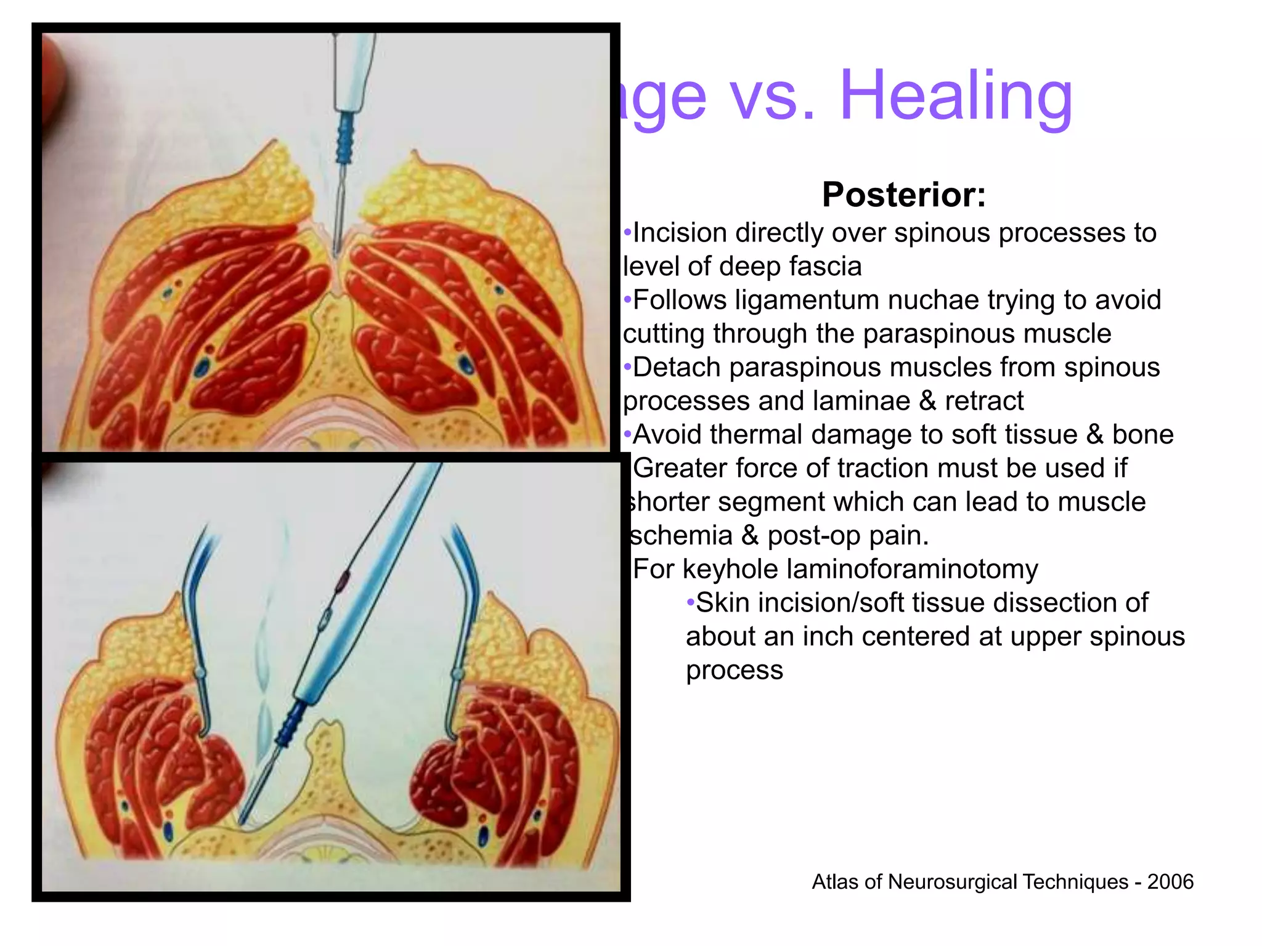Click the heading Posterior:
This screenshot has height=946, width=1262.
pyautogui.click(x=904, y=195)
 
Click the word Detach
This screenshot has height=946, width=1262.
pyautogui.click(x=677, y=368)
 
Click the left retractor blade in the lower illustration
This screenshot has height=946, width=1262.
pyautogui.click(x=196, y=616)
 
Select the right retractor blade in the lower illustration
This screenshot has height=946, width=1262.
pyautogui.click(x=463, y=616)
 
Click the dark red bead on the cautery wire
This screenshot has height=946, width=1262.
pyautogui.click(x=343, y=578)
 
